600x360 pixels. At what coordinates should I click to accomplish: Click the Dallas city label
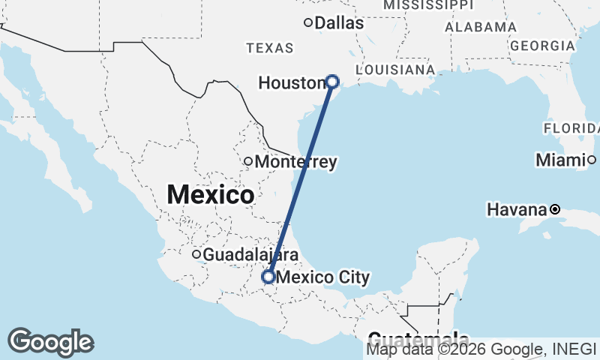pyautogui.click(x=339, y=23)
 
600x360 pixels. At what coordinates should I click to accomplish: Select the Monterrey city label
pyautogui.click(x=295, y=161)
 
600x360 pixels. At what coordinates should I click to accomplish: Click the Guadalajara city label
pyautogui.click(x=241, y=254)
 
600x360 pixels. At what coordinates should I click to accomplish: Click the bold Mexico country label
pyautogui.click(x=210, y=195)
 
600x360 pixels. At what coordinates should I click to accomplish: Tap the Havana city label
pyautogui.click(x=517, y=209)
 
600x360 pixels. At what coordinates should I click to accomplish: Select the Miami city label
pyautogui.click(x=560, y=160)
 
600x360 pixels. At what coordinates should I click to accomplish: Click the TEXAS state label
pyautogui.click(x=270, y=48)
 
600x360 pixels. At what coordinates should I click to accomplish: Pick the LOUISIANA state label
pyautogui.click(x=395, y=70)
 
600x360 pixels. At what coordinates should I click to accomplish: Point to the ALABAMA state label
pyautogui.click(x=481, y=27)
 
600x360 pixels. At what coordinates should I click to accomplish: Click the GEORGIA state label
pyautogui.click(x=541, y=46)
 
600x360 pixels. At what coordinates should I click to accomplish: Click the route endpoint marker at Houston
pyautogui.click(x=332, y=82)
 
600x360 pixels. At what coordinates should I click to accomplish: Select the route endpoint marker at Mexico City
pyautogui.click(x=268, y=277)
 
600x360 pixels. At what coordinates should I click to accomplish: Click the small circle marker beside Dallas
pyautogui.click(x=307, y=22)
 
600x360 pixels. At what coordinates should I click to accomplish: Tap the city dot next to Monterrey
pyautogui.click(x=248, y=161)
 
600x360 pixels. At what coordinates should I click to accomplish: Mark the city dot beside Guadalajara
pyautogui.click(x=196, y=254)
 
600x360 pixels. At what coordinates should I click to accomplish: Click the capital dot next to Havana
pyautogui.click(x=555, y=209)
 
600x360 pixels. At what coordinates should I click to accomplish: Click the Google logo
pyautogui.click(x=50, y=342)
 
